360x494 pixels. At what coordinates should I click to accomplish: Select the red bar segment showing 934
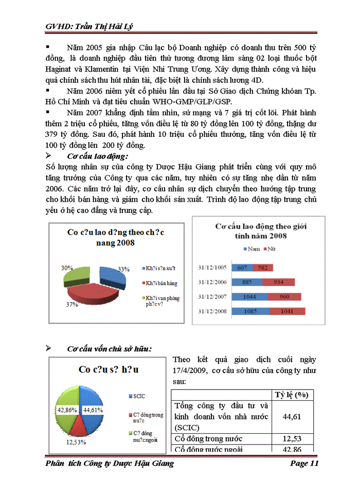tap(278, 282)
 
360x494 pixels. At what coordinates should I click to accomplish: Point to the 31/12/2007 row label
tap(213, 297)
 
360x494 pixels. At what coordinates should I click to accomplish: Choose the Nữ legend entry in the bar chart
tap(269, 249)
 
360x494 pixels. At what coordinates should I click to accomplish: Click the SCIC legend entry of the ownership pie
tap(138, 396)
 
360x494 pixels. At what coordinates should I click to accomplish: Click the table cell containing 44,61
tap(292, 417)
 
